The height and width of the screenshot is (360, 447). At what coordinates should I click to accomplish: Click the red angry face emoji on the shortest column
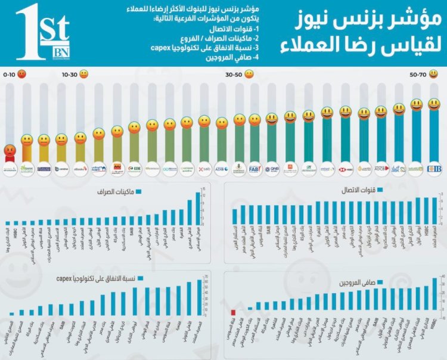10,151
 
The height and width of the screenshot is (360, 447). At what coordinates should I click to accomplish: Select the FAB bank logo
254,169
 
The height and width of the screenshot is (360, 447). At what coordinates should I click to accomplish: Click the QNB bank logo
272,169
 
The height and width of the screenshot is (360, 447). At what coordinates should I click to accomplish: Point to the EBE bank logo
134,169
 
